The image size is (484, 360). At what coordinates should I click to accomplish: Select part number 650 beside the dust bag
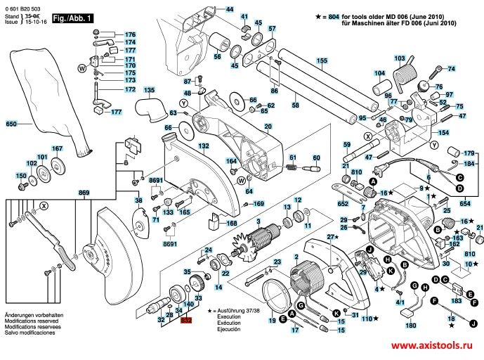[11, 124]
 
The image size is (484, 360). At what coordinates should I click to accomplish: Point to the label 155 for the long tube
[321, 61]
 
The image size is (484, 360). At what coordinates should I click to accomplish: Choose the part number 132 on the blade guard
[204, 146]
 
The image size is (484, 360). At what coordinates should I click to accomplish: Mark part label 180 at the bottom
[411, 326]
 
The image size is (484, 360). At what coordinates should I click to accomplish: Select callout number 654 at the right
[464, 203]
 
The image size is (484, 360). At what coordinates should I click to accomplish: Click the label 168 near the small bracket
[231, 224]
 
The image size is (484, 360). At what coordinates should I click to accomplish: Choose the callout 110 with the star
[365, 319]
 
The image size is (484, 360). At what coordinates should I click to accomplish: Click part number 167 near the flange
[58, 148]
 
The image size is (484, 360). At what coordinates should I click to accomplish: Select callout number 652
[343, 203]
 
